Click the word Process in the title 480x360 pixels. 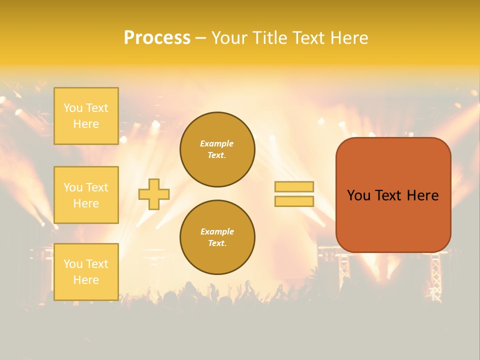pyautogui.click(x=157, y=38)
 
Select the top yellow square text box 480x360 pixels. pyautogui.click(x=86, y=116)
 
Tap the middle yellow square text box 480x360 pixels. pyautogui.click(x=86, y=195)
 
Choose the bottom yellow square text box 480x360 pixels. pyautogui.click(x=86, y=272)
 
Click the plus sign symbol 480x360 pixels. pyautogui.click(x=154, y=194)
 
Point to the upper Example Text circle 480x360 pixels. pyautogui.click(x=217, y=149)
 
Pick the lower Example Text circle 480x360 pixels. pyautogui.click(x=217, y=237)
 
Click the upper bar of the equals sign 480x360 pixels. pyautogui.click(x=294, y=187)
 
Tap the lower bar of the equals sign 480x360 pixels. pyautogui.click(x=294, y=201)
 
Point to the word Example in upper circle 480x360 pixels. pyautogui.click(x=217, y=143)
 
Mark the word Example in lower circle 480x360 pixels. pyautogui.click(x=217, y=231)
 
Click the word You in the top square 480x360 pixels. pyautogui.click(x=72, y=108)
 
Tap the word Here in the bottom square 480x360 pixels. pyautogui.click(x=86, y=280)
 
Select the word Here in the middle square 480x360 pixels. pyautogui.click(x=86, y=203)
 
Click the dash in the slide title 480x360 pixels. pyautogui.click(x=200, y=38)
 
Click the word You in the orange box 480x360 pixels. pyautogui.click(x=358, y=195)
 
